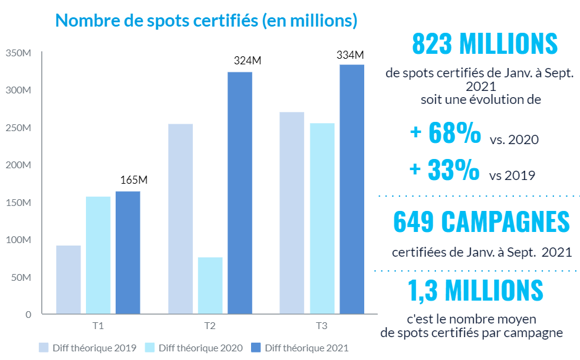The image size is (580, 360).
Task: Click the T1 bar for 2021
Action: click(127, 252)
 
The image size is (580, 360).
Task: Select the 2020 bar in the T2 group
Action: click(210, 285)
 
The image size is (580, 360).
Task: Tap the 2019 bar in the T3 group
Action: click(292, 213)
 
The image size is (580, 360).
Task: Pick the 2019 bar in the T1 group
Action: click(68, 280)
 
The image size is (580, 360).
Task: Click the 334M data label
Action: click(350, 54)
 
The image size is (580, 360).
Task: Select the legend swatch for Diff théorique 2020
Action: click(149, 347)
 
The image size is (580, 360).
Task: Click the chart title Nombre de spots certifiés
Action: click(206, 20)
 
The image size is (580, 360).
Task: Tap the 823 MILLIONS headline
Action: click(484, 44)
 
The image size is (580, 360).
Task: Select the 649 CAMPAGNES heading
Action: click(481, 223)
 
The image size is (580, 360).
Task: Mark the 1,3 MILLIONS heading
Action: click(476, 290)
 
